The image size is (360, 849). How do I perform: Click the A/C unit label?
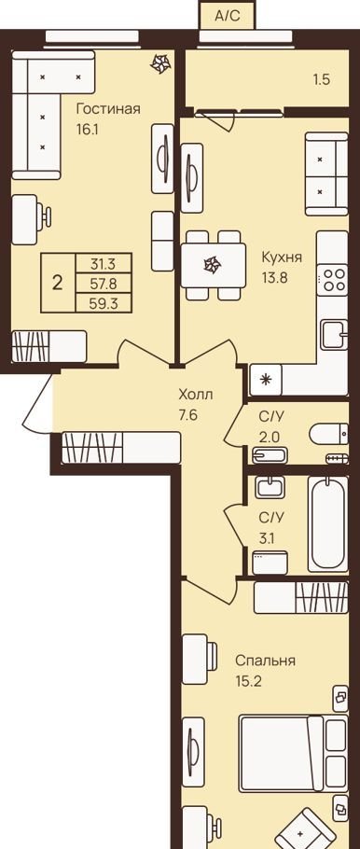pos(227,16)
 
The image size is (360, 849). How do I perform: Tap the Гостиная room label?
pos(108,109)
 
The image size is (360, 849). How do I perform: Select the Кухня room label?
pos(282,257)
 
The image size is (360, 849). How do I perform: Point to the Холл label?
pos(196,395)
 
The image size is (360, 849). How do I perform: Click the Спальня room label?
pos(265,661)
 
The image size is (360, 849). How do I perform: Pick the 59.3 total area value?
pos(104,303)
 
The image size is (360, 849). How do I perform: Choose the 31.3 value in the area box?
pos(104,264)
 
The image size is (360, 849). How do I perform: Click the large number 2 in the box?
pos(58,283)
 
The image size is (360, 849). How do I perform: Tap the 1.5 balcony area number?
pos(322,79)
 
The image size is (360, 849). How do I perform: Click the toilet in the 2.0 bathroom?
pos(328,434)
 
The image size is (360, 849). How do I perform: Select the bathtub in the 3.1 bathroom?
pos(328,523)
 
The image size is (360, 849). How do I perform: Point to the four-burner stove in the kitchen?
pos(332,280)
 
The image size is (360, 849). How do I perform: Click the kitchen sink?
pos(334,335)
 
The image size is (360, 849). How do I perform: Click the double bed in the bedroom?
pos(293,753)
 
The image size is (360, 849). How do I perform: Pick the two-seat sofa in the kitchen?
pos(326,174)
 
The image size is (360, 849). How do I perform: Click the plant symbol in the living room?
pos(160,63)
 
